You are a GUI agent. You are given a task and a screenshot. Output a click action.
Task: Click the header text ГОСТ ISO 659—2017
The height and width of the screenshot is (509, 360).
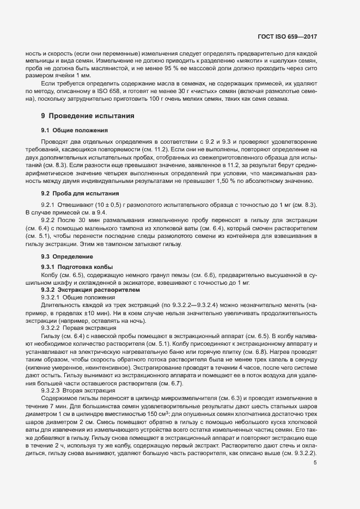(x=287, y=37)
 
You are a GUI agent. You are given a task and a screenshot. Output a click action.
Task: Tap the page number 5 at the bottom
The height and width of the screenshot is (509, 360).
(x=315, y=463)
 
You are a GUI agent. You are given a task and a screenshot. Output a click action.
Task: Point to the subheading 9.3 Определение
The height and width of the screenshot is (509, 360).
(x=67, y=256)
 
